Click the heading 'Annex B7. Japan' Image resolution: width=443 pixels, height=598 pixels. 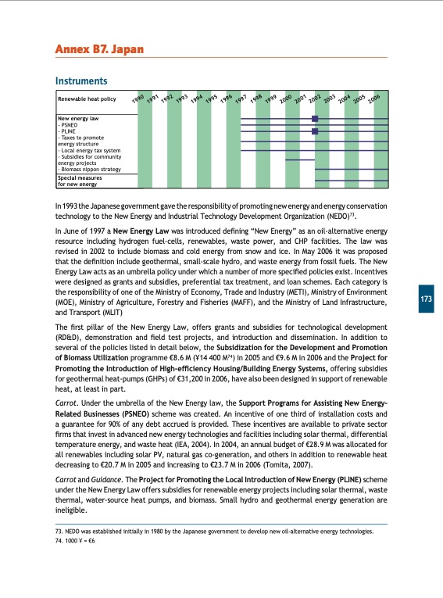tap(99, 50)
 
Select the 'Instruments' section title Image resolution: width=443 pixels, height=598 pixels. tap(80, 81)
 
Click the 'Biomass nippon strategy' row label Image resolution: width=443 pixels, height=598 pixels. tap(88, 169)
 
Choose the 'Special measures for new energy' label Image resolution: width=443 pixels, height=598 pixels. tap(77, 181)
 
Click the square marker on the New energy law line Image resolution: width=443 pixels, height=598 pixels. tap(315, 119)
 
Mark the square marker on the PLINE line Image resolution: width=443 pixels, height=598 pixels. tap(315, 131)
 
